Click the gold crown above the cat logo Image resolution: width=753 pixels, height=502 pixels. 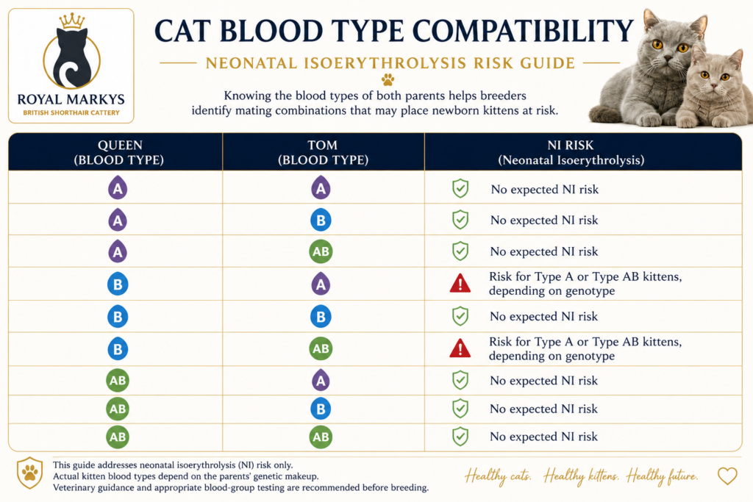72,21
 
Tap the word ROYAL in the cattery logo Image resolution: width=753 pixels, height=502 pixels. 40,100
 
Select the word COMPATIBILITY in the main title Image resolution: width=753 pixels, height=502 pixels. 523,32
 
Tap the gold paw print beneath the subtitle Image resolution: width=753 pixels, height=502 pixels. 388,79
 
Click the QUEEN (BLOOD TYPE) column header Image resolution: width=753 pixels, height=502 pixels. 119,153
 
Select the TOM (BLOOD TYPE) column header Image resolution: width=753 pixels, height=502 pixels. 324,153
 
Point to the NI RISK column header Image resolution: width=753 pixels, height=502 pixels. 571,153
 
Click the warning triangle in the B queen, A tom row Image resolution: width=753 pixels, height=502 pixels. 460,284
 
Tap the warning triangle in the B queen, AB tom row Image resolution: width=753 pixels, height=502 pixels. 460,348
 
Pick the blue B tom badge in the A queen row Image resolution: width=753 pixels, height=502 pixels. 321,220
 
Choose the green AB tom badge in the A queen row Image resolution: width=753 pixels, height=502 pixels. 321,251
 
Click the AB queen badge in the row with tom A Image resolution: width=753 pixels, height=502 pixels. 118,381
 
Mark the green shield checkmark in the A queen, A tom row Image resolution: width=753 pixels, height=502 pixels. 460,189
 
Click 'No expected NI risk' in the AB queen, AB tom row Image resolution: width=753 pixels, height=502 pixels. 543,437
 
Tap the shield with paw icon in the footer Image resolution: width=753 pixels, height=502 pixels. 29,473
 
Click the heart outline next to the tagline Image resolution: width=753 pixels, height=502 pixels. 727,476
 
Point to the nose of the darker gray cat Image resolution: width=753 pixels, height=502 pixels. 671,57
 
